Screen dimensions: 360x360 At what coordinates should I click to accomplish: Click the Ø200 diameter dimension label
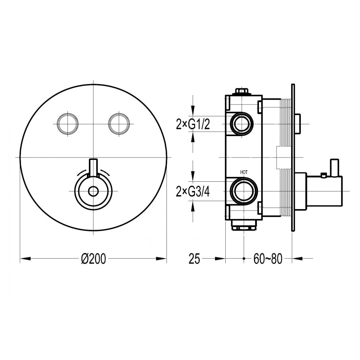coord(93,259)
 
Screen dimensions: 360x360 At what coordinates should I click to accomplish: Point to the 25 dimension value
coord(195,259)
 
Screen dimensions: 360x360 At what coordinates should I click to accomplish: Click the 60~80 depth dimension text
coord(268,259)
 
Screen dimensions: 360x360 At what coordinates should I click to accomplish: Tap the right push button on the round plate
coord(119,123)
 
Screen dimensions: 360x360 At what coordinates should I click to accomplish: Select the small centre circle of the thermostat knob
coord(93,191)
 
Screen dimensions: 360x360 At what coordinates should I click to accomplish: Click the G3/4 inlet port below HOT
coord(244,191)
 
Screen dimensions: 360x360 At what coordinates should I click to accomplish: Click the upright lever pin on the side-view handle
coord(334,168)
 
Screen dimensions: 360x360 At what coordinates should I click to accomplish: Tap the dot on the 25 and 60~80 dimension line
coord(244,259)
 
